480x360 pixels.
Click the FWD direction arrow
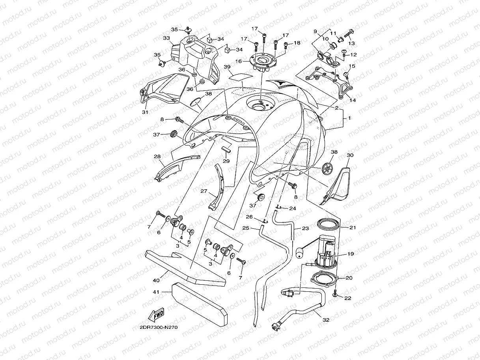(x=156, y=316)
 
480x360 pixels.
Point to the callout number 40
(x=157, y=280)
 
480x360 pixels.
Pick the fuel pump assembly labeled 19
(x=326, y=251)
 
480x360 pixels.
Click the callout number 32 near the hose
(x=325, y=320)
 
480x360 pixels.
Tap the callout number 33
(x=166, y=38)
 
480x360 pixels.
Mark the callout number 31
(x=145, y=112)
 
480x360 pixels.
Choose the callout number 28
(x=157, y=156)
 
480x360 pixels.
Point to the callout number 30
(x=349, y=155)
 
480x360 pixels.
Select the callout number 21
(x=352, y=228)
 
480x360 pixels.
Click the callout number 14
(x=352, y=100)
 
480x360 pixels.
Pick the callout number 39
(x=238, y=67)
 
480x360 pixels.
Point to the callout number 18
(x=297, y=43)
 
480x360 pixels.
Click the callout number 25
(x=246, y=228)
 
